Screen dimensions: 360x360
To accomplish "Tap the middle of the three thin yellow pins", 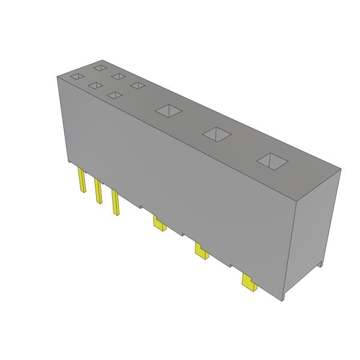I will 97,192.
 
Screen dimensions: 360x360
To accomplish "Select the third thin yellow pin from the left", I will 114,202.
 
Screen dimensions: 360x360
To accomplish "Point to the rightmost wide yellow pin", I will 248,281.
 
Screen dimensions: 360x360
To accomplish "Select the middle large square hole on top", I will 216,134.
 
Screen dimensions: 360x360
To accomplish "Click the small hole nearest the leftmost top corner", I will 76,76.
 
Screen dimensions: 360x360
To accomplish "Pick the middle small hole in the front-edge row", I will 95,86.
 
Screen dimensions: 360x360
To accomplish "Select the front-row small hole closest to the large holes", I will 113,94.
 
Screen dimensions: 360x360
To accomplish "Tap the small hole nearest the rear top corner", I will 100,68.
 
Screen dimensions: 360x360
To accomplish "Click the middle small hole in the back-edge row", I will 118,77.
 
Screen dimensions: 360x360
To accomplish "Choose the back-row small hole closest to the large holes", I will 138,85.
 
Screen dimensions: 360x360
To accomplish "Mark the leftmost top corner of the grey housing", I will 57,77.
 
